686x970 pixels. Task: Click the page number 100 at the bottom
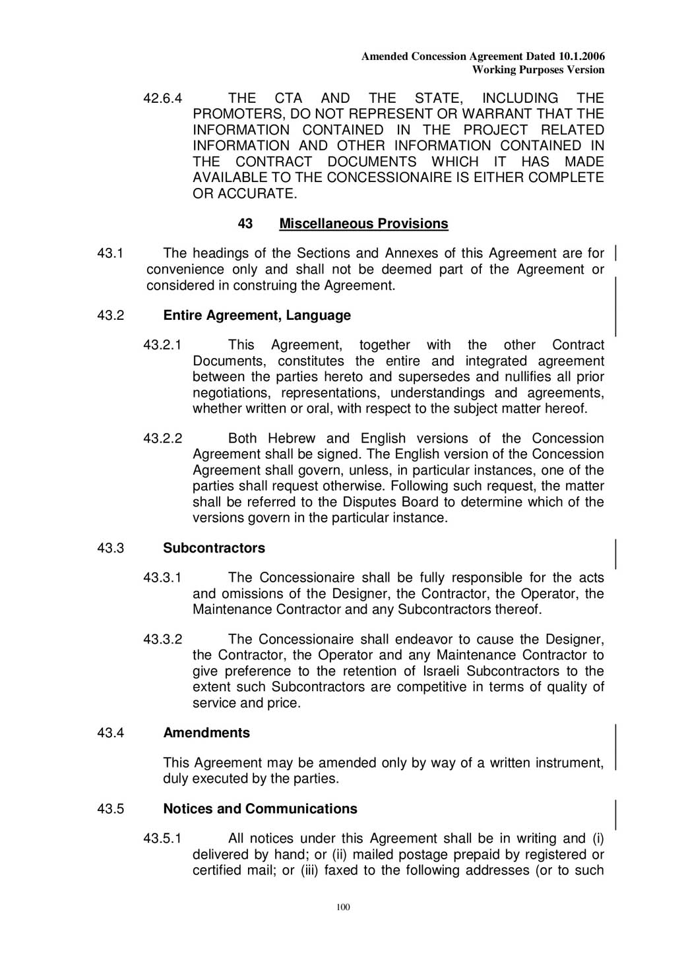point(343,907)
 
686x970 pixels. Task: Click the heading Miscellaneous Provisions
point(363,224)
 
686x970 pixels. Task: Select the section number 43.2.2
point(163,439)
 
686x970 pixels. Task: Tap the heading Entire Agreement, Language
point(257,315)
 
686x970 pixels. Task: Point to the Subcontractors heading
point(214,548)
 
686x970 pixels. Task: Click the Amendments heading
point(206,733)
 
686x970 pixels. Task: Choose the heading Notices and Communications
point(260,808)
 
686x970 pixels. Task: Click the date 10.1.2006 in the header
point(581,57)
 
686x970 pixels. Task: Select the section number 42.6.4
point(163,98)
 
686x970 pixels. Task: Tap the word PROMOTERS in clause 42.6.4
point(232,114)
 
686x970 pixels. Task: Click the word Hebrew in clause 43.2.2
point(292,439)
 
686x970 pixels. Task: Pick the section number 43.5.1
point(163,839)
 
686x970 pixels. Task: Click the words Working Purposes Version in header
point(538,69)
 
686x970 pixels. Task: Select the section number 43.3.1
point(163,578)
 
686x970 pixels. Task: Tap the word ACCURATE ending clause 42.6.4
point(259,193)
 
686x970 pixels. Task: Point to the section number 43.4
point(111,733)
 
